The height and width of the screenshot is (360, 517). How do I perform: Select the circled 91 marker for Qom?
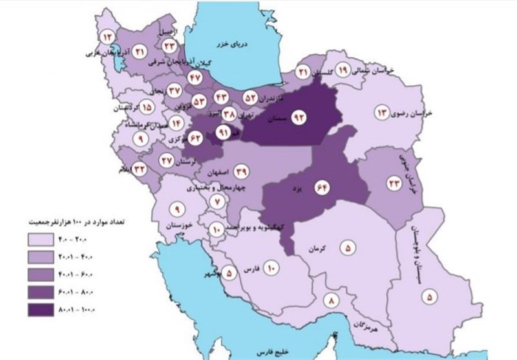coord(224,134)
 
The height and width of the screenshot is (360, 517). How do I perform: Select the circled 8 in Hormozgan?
coord(333,300)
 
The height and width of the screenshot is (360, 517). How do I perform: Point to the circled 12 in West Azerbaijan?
coord(107,36)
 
